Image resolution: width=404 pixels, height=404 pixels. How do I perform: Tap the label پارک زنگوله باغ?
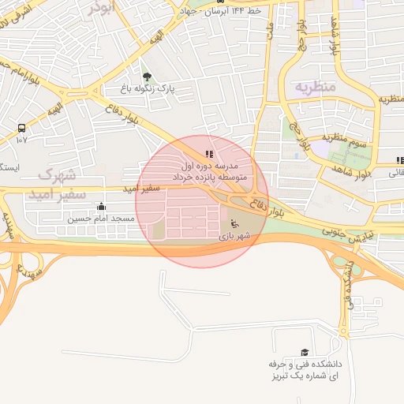146,90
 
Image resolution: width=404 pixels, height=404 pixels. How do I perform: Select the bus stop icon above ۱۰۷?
21,127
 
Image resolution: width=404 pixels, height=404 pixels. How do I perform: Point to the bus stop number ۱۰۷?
21,140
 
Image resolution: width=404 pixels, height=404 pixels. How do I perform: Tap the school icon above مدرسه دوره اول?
208,155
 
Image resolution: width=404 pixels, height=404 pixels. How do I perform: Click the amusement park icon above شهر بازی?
235,225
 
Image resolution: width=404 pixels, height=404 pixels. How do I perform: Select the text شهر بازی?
235,236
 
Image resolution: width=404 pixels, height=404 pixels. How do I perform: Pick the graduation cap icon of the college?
305,353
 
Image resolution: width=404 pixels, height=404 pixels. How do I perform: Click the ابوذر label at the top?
102,7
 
